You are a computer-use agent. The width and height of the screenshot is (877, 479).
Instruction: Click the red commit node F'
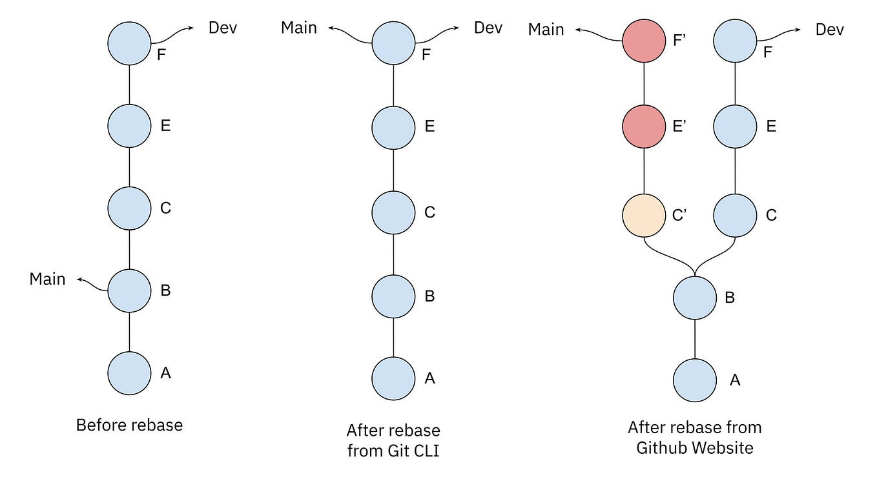(644, 43)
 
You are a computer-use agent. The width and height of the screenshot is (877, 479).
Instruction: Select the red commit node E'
(644, 126)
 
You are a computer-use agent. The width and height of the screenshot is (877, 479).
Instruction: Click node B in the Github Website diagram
(694, 298)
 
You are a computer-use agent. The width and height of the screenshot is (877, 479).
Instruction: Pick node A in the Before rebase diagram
(129, 373)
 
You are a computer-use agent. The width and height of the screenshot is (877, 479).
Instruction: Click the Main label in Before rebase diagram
(48, 279)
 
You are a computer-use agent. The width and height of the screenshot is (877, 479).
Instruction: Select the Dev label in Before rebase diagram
(222, 28)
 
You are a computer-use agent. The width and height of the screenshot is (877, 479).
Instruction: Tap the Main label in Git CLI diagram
(299, 28)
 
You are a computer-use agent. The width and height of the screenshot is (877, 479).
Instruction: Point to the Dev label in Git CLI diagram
(488, 28)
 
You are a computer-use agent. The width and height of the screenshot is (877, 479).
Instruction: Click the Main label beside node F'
(546, 30)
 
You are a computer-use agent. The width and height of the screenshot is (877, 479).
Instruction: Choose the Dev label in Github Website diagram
(830, 30)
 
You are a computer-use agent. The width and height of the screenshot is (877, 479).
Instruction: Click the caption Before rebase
(129, 425)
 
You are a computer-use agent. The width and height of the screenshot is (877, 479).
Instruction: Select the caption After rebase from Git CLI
(393, 440)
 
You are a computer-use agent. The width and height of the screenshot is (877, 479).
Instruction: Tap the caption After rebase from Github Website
(694, 437)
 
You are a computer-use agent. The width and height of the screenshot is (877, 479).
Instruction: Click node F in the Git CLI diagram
(393, 43)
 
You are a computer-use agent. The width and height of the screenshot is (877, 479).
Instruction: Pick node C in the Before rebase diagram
(129, 208)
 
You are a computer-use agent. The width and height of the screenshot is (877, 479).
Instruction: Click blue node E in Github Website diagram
(735, 126)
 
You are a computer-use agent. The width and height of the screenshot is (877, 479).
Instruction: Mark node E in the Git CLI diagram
(393, 126)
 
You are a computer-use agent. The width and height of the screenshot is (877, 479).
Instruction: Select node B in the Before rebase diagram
(129, 290)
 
